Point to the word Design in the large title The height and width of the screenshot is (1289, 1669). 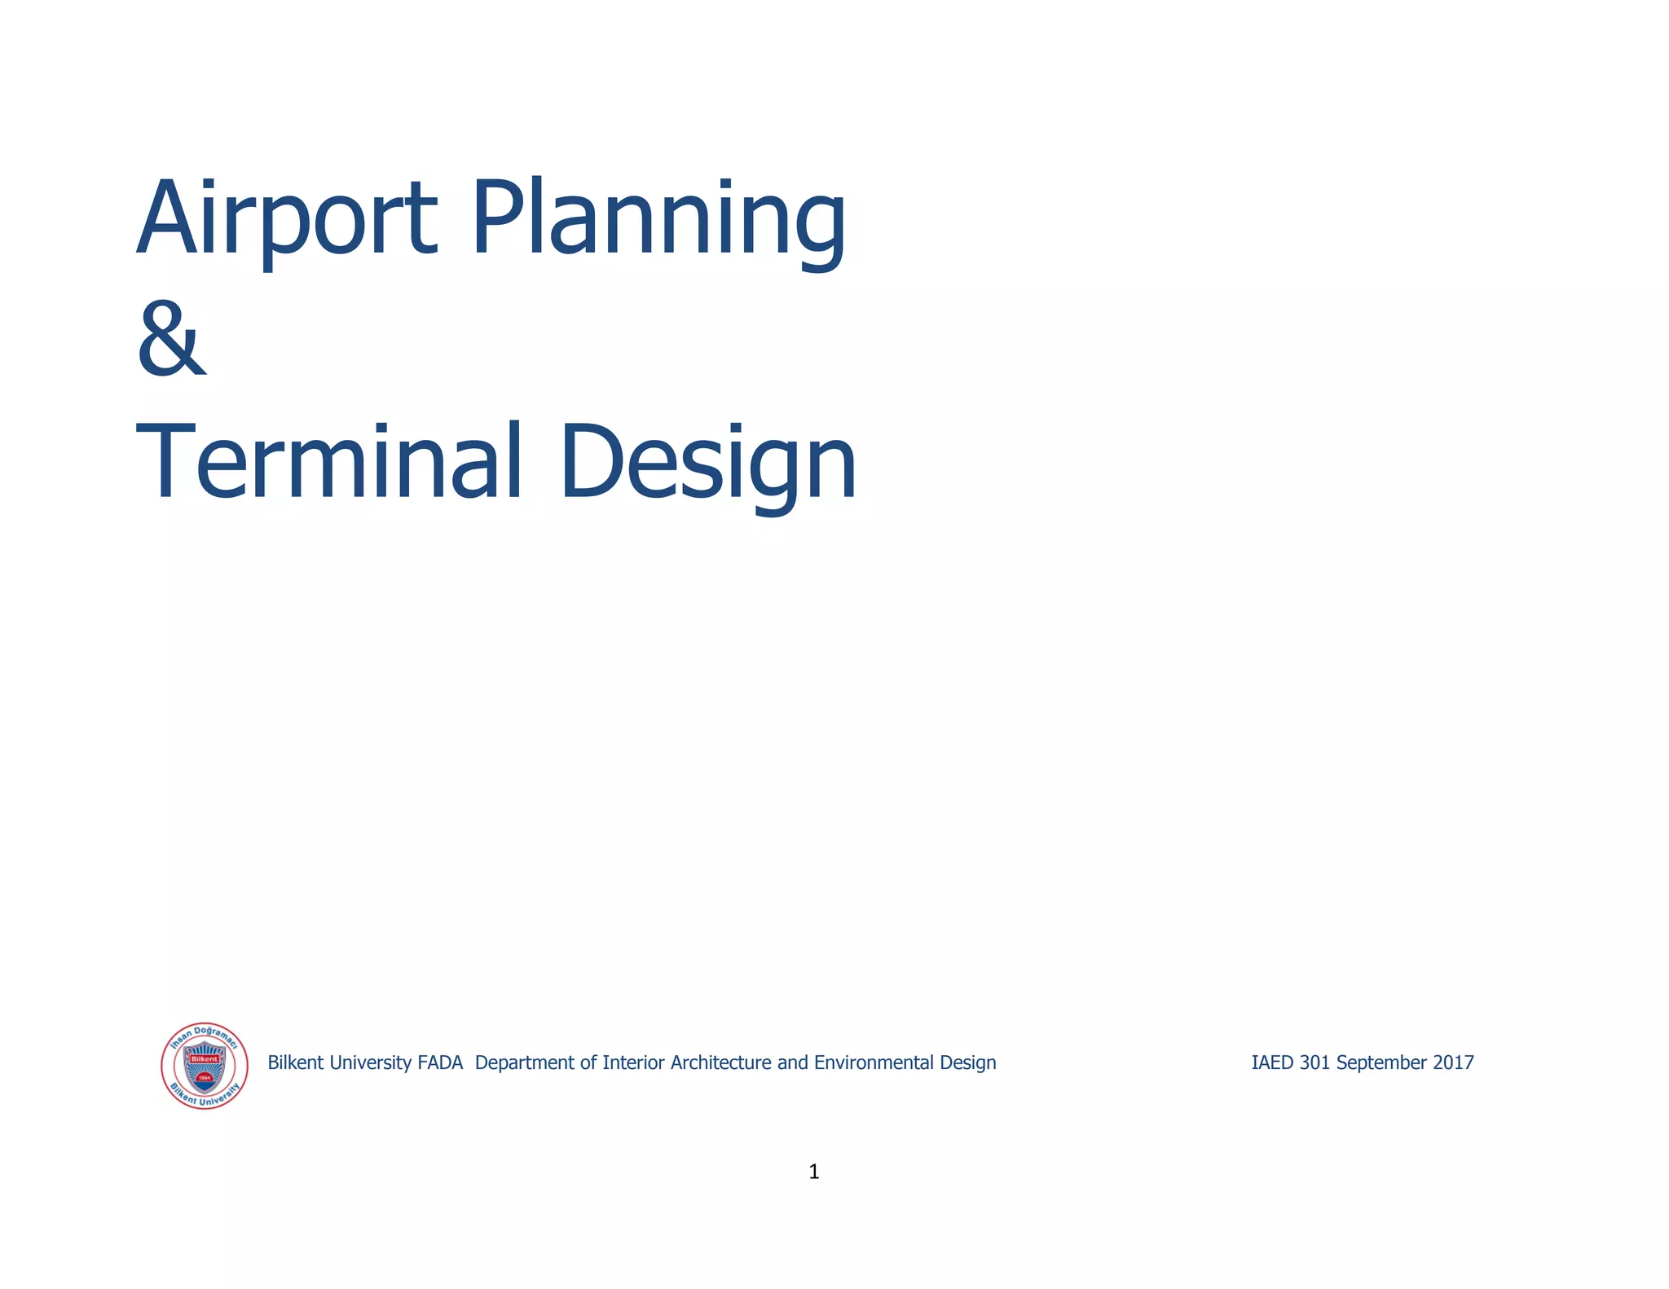(x=707, y=463)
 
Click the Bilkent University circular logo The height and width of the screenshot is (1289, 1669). (x=205, y=1066)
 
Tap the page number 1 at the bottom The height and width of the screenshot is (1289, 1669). (x=813, y=1172)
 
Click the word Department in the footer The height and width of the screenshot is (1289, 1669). (x=525, y=1063)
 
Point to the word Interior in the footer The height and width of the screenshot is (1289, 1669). (x=634, y=1062)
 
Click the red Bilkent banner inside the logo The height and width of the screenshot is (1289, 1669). (x=205, y=1059)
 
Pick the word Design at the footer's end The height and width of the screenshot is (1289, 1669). (x=968, y=1063)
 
